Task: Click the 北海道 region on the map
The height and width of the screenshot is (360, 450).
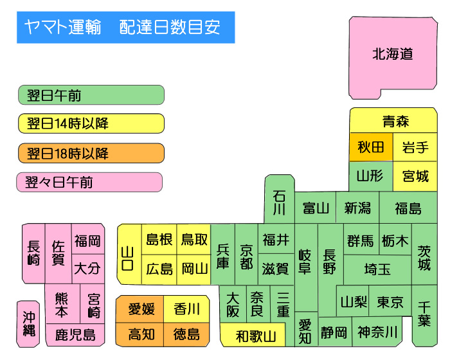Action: [x=392, y=55]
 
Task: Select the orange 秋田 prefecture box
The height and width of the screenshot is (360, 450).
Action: [x=371, y=148]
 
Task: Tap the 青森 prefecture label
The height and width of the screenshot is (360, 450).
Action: [x=395, y=121]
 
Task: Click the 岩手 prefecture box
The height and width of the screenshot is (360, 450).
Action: [x=415, y=148]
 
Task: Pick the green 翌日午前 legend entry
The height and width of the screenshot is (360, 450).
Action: [x=91, y=95]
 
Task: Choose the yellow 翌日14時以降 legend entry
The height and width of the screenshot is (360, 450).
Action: [x=91, y=123]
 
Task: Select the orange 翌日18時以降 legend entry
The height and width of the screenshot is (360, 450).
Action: [x=91, y=153]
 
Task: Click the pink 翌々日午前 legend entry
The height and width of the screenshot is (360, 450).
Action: [x=89, y=182]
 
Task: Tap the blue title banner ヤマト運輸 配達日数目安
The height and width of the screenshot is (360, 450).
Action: [x=126, y=28]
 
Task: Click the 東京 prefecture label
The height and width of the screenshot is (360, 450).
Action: [x=390, y=302]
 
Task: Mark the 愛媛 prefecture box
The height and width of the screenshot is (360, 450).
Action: [x=141, y=309]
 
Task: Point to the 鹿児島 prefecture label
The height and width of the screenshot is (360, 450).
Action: [x=75, y=334]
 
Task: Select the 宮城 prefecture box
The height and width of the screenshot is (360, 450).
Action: [x=415, y=175]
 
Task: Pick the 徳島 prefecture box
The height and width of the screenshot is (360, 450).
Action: [x=186, y=334]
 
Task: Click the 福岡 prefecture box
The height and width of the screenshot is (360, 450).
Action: [x=87, y=241]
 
